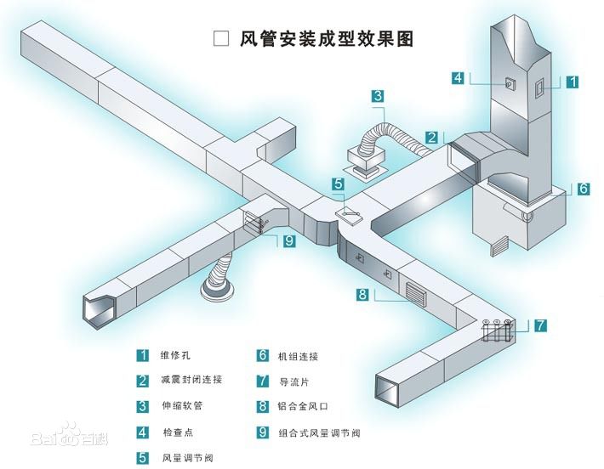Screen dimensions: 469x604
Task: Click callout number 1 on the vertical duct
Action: pos(573,82)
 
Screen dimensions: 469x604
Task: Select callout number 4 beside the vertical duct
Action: pos(457,77)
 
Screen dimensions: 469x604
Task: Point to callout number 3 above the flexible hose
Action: pos(378,96)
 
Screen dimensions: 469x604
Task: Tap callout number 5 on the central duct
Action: pos(338,183)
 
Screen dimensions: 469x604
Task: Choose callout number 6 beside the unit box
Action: pos(584,189)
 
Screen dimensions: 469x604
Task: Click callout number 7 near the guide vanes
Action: pos(541,325)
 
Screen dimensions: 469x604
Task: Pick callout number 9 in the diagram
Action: pos(288,241)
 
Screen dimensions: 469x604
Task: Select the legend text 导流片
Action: pos(294,381)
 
